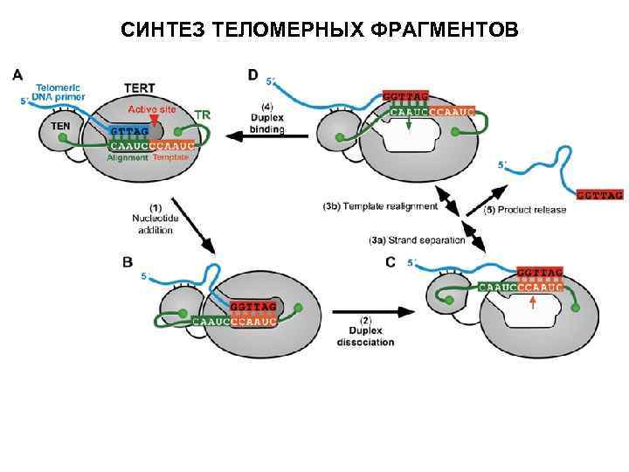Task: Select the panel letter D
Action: click(252, 75)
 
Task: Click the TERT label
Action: click(139, 88)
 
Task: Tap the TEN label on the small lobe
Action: click(60, 126)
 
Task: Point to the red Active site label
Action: click(152, 109)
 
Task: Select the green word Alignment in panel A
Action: click(128, 158)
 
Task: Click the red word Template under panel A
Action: click(172, 158)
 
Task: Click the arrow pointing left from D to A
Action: click(248, 135)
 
